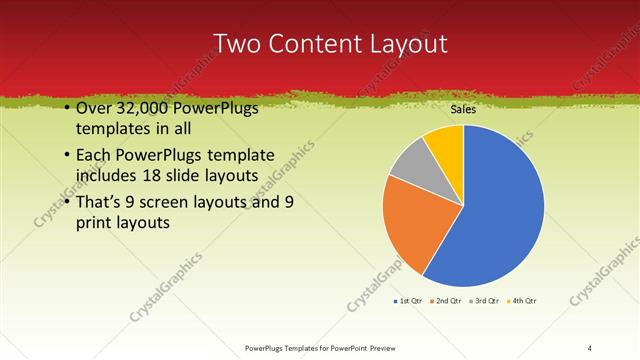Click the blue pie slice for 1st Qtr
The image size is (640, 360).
[x=500, y=210]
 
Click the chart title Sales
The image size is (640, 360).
[x=463, y=109]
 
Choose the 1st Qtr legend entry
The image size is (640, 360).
[x=409, y=300]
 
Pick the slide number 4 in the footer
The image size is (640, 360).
[x=590, y=347]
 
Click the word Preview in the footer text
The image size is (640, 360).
[x=385, y=347]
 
